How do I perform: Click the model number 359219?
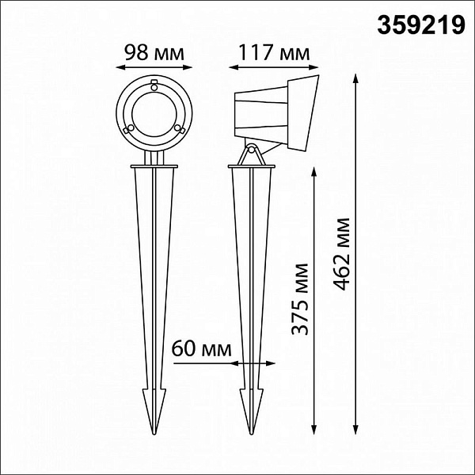pyautogui.click(x=421, y=25)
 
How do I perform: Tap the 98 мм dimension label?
pyautogui.click(x=154, y=53)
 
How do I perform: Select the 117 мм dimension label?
pyautogui.click(x=274, y=53)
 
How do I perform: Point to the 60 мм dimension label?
pyautogui.click(x=201, y=348)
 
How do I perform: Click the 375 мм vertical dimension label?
pyautogui.click(x=299, y=299)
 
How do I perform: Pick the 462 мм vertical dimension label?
pyautogui.click(x=341, y=254)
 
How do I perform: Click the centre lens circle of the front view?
pyautogui.click(x=154, y=114)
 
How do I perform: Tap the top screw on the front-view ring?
pyautogui.click(x=154, y=87)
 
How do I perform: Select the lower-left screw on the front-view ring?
pyautogui.click(x=131, y=128)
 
